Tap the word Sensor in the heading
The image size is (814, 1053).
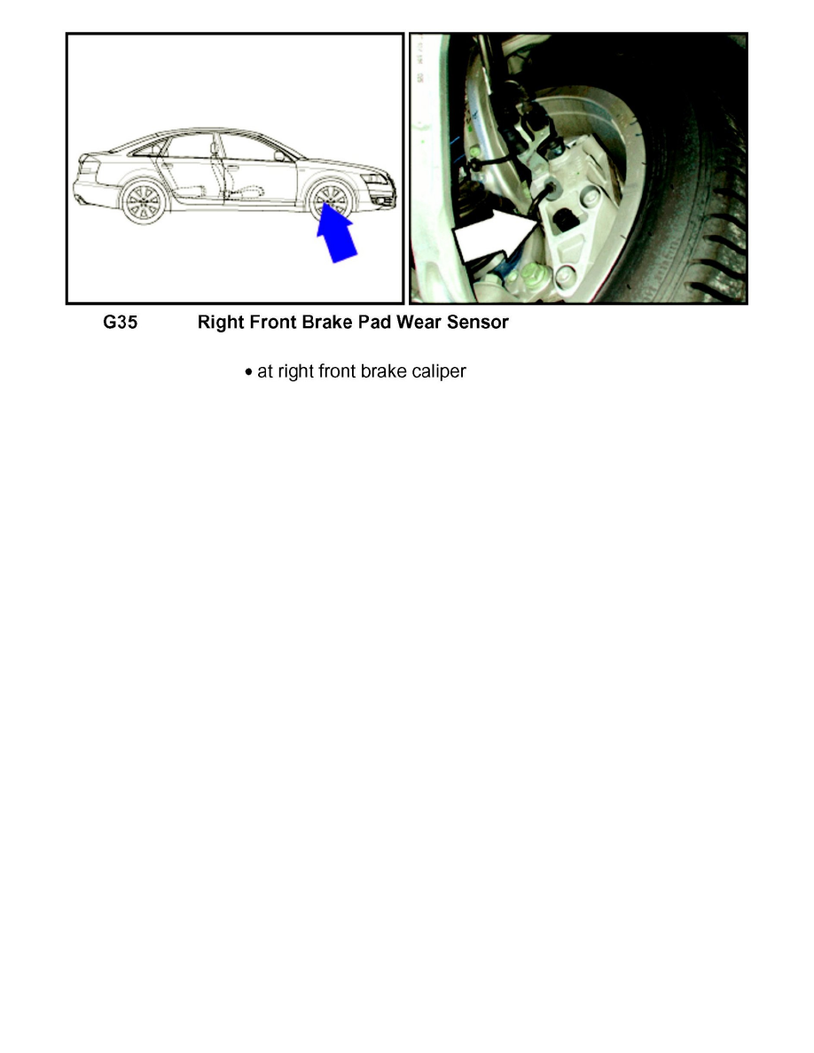pos(477,323)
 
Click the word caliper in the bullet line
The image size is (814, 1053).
pos(435,372)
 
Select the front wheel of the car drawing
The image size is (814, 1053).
pos(331,203)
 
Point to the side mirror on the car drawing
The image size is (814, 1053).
pos(280,156)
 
